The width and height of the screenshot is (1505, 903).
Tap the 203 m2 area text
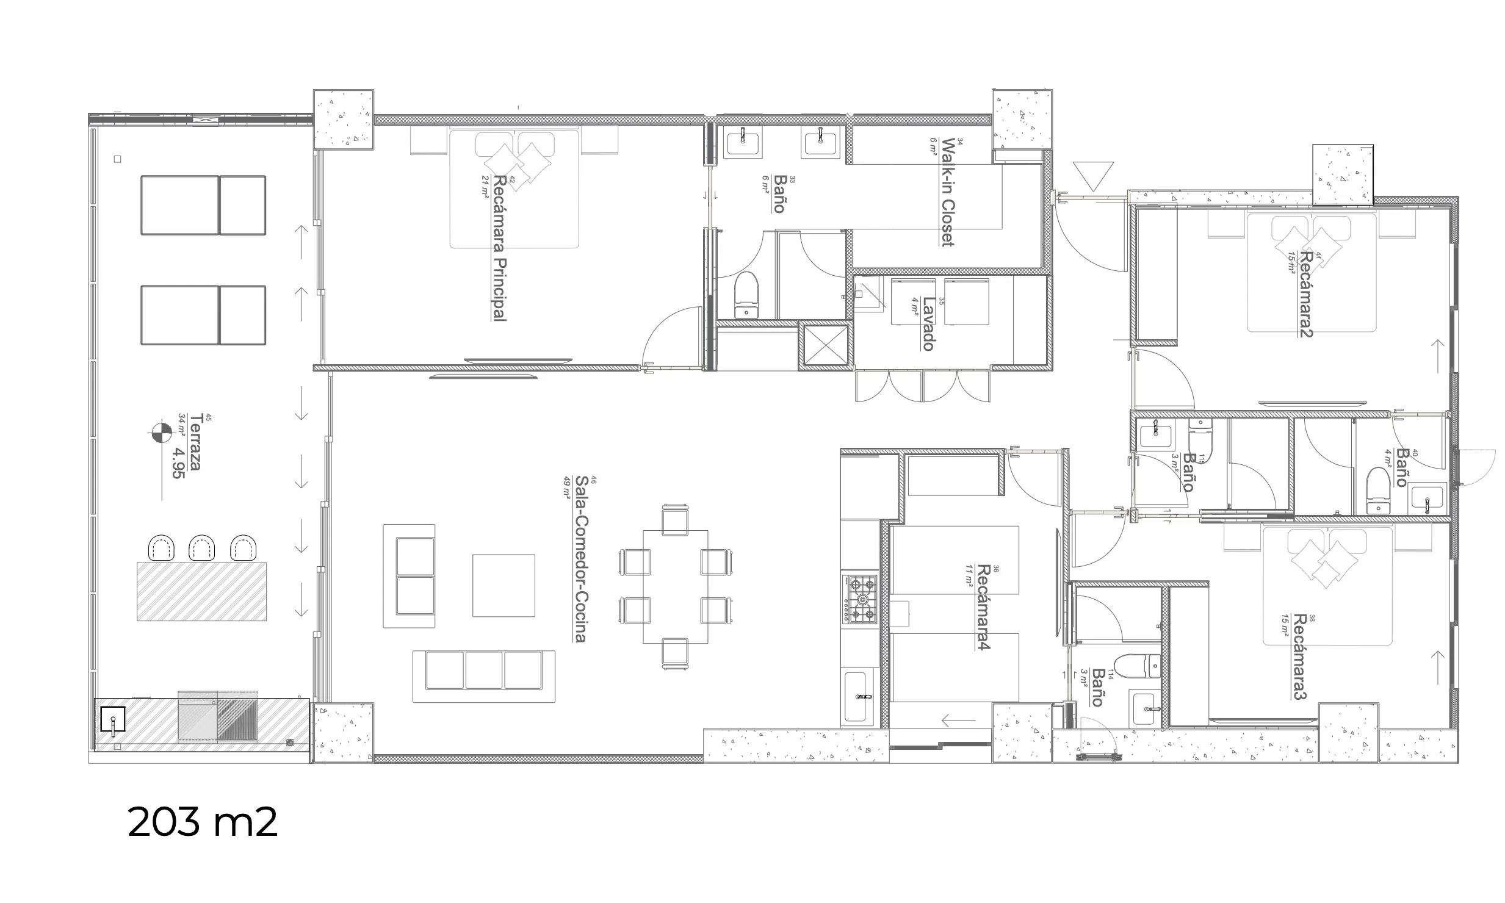coord(203,822)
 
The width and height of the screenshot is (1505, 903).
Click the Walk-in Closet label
coord(948,192)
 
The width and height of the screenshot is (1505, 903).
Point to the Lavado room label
coord(928,323)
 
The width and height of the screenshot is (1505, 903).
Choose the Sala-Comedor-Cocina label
coord(580,559)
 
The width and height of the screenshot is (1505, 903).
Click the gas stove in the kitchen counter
coord(859,599)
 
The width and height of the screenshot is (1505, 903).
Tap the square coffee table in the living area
coord(503,585)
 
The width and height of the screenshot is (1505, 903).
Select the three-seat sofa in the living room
coord(484,676)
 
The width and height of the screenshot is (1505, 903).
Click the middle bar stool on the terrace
coord(201,548)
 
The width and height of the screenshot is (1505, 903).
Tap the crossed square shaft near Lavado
coord(825,347)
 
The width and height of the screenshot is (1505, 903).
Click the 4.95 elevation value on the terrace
coord(178,462)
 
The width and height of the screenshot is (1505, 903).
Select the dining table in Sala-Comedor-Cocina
coord(676,586)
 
